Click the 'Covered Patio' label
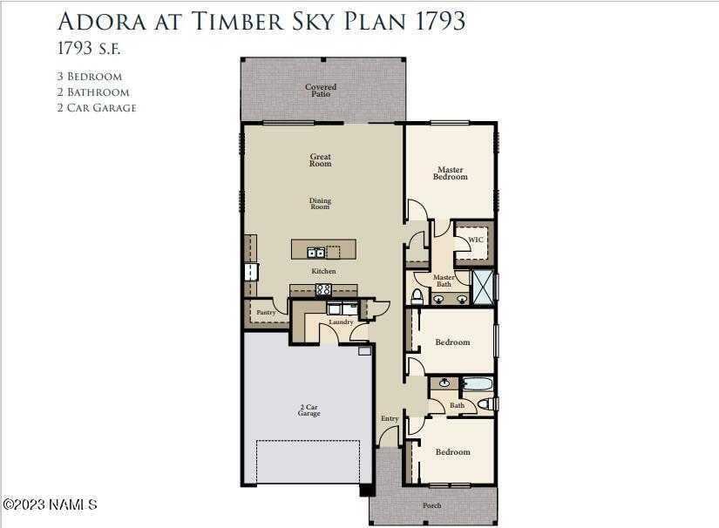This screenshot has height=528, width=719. [x=321, y=90]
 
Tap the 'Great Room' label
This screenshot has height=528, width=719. [x=321, y=160]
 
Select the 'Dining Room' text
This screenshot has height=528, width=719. [x=321, y=204]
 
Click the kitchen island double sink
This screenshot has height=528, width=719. [x=315, y=253]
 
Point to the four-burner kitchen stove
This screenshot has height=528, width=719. [x=323, y=289]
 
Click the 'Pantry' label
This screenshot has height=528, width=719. [x=266, y=312]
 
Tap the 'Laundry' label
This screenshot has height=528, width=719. [x=341, y=322]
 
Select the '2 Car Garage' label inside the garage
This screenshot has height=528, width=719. [x=309, y=410]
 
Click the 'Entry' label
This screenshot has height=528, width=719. [x=390, y=419]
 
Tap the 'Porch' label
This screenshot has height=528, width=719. [x=432, y=505]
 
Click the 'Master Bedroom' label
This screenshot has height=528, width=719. [x=451, y=173]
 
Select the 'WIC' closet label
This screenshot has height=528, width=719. [x=476, y=240]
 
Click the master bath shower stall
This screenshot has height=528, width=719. [x=483, y=286]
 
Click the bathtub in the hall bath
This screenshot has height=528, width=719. [x=477, y=383]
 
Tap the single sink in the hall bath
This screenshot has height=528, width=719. [x=444, y=382]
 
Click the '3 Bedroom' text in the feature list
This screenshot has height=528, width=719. [x=90, y=77]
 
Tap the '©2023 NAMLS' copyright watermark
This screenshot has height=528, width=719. [x=50, y=504]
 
